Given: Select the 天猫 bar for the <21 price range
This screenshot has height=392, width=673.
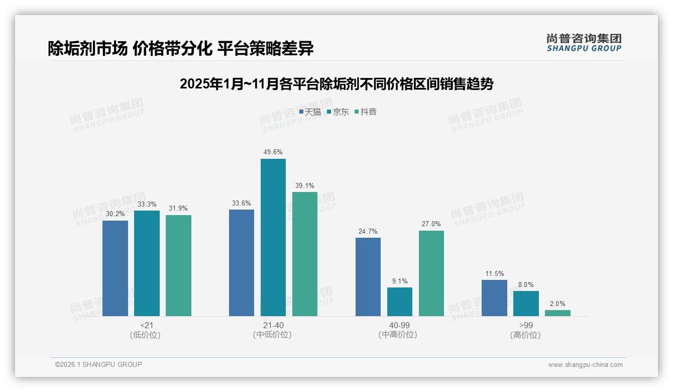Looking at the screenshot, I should pyautogui.click(x=115, y=268).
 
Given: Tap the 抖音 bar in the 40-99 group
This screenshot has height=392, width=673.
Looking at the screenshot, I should pyautogui.click(x=431, y=273).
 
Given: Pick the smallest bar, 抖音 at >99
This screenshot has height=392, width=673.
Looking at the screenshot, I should pyautogui.click(x=557, y=313).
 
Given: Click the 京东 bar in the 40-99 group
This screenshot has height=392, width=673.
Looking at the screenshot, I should pyautogui.click(x=399, y=302).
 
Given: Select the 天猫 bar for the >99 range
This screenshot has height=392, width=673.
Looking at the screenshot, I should pyautogui.click(x=494, y=298).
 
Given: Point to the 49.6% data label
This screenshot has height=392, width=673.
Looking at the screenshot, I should pyautogui.click(x=273, y=152).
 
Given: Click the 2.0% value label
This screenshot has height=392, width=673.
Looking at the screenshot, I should pyautogui.click(x=557, y=304).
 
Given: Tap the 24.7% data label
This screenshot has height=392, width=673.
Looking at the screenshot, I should pyautogui.click(x=368, y=231).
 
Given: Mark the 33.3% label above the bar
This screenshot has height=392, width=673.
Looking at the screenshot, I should pyautogui.click(x=147, y=204).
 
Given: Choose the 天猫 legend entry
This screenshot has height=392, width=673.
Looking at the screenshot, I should pyautogui.click(x=310, y=112).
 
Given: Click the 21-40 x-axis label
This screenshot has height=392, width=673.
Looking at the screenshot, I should pyautogui.click(x=273, y=325).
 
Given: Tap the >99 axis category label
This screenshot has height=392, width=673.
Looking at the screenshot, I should pyautogui.click(x=525, y=325).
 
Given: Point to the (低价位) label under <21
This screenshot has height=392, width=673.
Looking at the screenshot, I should pyautogui.click(x=146, y=335).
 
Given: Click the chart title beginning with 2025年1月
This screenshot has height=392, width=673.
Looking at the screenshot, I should pyautogui.click(x=336, y=84).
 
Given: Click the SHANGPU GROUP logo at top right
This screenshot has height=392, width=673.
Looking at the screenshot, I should pyautogui.click(x=584, y=43).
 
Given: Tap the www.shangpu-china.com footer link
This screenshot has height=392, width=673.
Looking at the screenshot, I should pyautogui.click(x=585, y=364).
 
